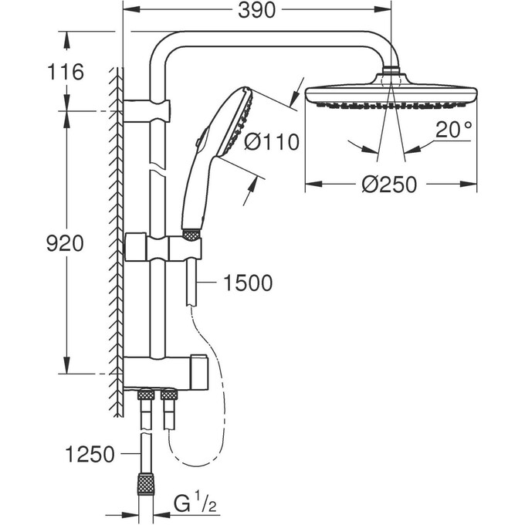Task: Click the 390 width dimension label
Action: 258,11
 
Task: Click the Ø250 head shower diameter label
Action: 389,185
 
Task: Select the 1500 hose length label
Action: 247,283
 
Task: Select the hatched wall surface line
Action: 117,232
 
